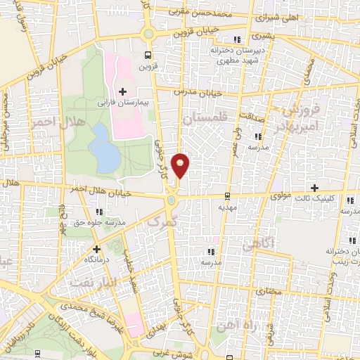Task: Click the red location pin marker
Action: (181, 165)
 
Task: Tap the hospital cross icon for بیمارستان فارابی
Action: (124, 91)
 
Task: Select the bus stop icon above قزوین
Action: (148, 55)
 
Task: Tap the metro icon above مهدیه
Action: (227, 196)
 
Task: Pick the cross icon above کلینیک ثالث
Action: (314, 187)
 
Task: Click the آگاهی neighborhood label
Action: (255, 245)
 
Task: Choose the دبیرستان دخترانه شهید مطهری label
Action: (238, 56)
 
